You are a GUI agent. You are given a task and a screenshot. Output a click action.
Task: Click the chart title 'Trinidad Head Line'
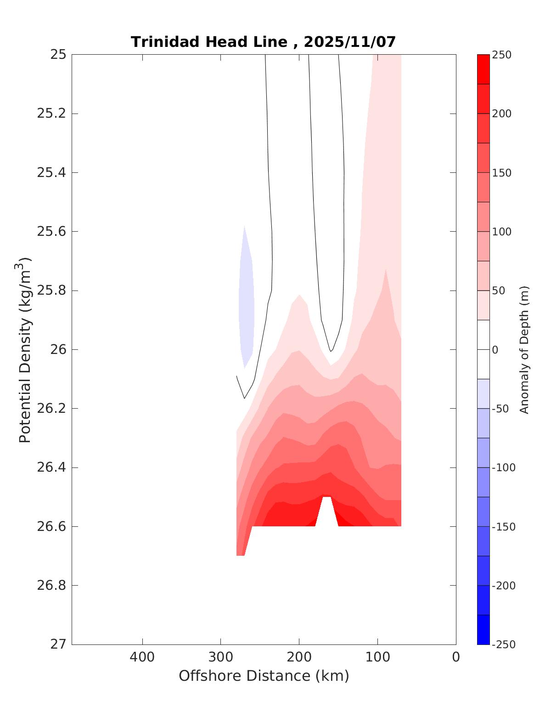(x=209, y=42)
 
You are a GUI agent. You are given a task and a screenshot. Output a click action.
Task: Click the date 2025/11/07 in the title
(x=349, y=42)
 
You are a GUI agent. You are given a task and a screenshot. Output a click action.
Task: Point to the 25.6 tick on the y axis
(x=51, y=231)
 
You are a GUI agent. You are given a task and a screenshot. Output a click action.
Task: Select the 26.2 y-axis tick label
(x=51, y=408)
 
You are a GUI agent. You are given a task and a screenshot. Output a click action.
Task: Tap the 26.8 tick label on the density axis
(x=51, y=585)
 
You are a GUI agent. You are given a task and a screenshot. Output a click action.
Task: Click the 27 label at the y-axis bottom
(x=58, y=644)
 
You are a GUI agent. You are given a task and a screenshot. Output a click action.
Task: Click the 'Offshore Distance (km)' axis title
(x=264, y=676)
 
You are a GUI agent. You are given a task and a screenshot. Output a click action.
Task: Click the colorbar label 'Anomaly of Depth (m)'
(x=524, y=349)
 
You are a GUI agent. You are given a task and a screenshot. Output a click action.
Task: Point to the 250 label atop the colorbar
(x=501, y=55)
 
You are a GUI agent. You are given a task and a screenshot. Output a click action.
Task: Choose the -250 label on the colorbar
(x=503, y=644)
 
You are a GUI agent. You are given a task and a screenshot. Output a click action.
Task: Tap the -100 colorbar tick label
(x=503, y=467)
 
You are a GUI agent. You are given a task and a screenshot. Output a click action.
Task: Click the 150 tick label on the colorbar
(x=501, y=173)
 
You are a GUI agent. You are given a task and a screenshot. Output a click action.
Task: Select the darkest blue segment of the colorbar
(x=483, y=629)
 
